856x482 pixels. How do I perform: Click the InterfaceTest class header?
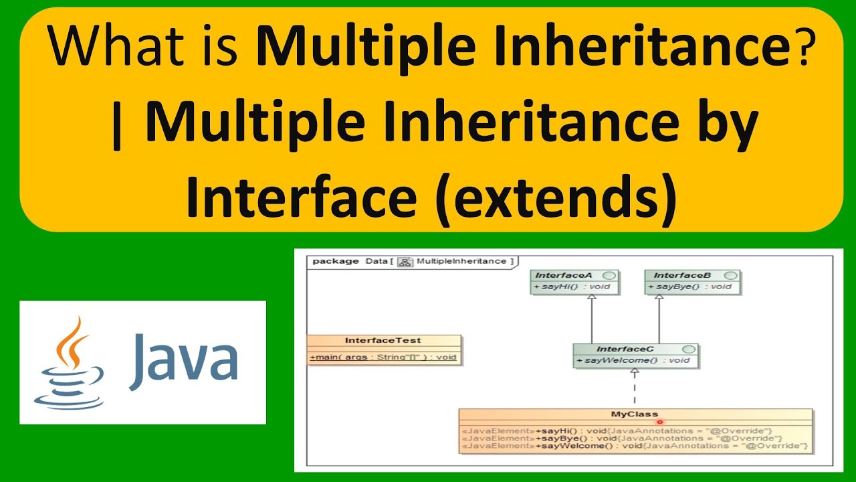(383, 341)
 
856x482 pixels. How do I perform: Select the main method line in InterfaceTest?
(383, 357)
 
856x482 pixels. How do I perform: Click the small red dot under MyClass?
(660, 422)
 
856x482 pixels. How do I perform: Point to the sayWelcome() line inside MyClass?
(635, 446)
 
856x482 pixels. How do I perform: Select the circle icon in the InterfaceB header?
(730, 275)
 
